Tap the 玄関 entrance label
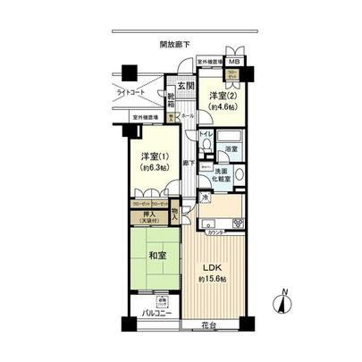[x=185, y=86]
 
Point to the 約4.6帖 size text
[x=221, y=107]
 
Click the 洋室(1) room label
[x=153, y=154]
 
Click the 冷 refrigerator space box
[x=204, y=198]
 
